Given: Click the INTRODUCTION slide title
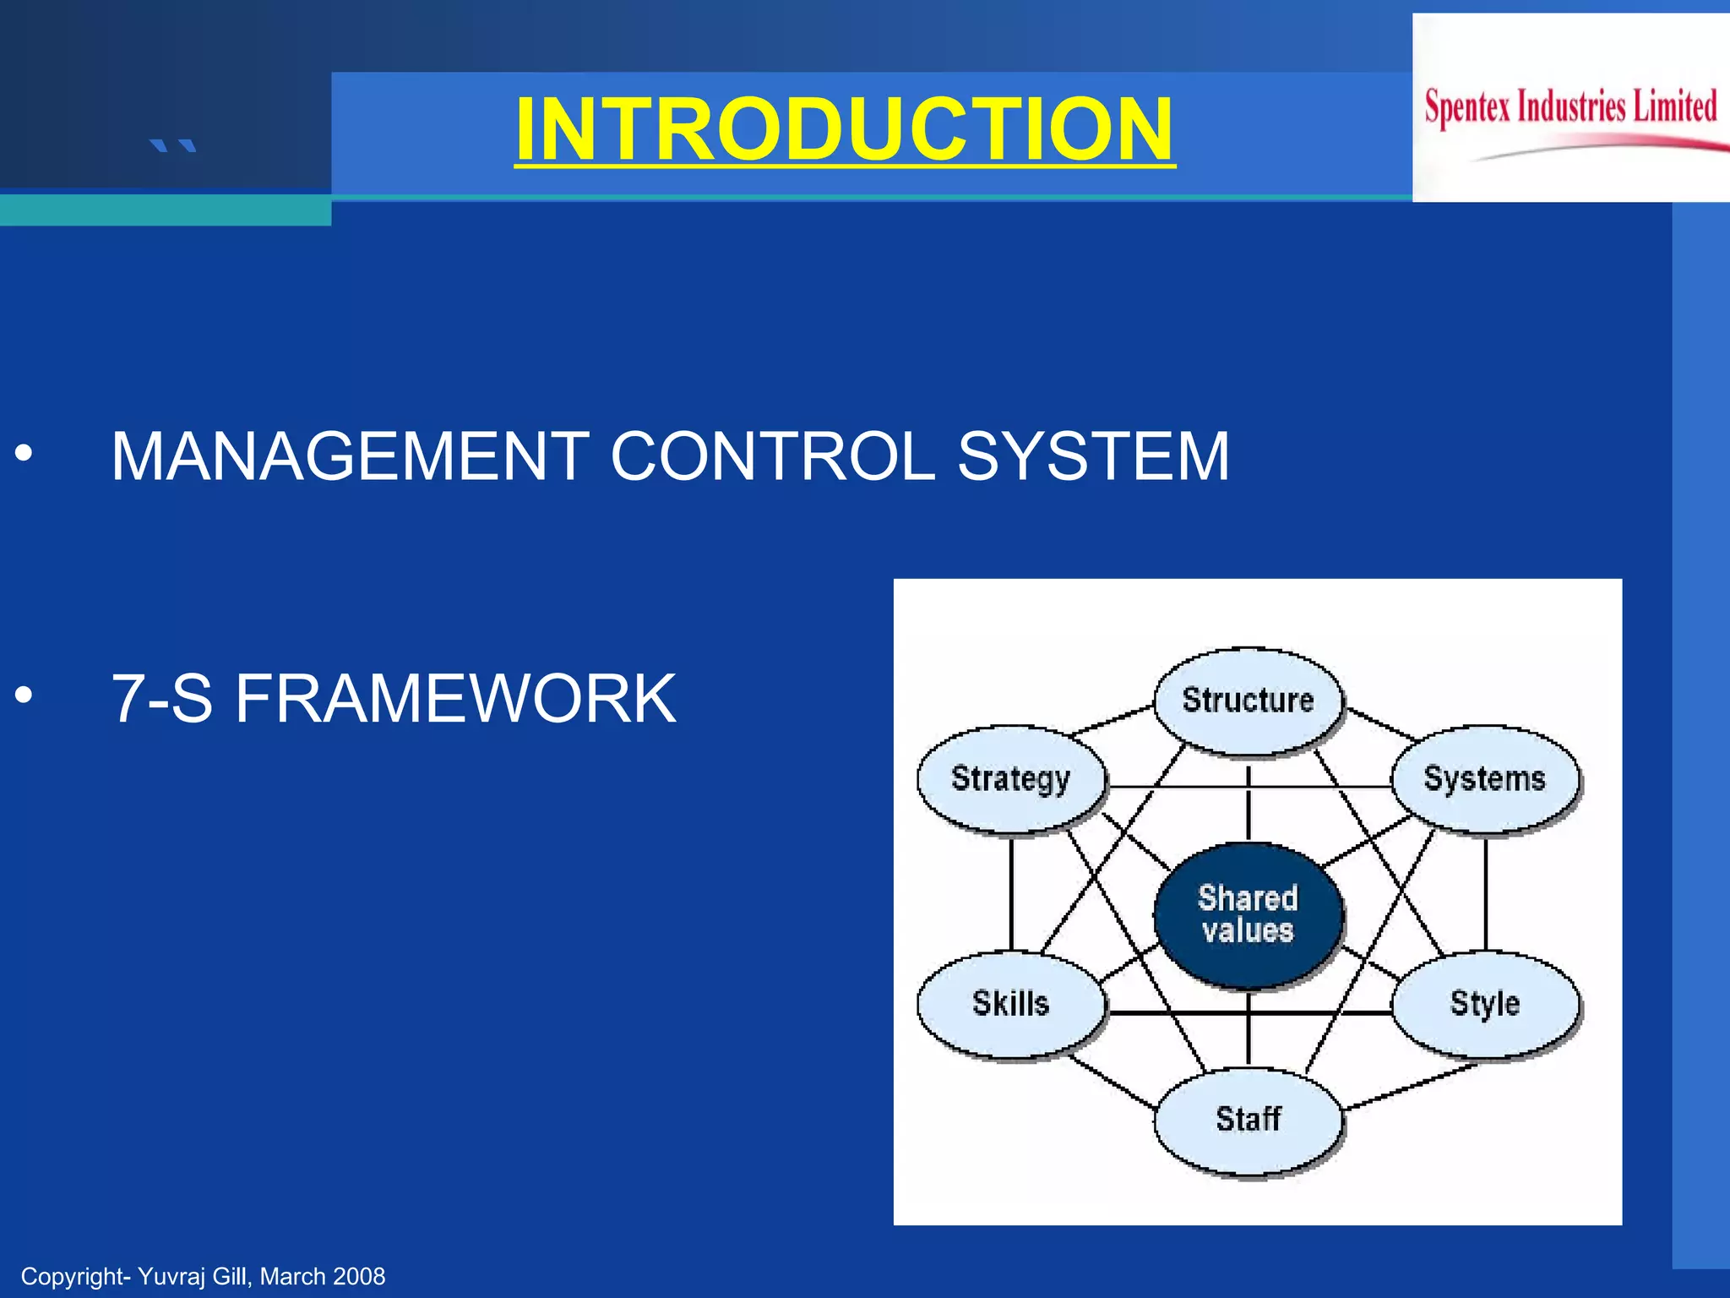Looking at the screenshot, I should (845, 128).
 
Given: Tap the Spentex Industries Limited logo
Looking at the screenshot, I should (1570, 108).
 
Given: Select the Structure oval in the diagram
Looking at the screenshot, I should (1248, 701).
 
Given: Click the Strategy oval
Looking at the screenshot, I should (1010, 778).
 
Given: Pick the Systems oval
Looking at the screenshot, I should (1484, 778).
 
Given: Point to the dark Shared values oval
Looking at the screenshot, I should (1248, 914).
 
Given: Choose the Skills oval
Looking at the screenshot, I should (1010, 1003).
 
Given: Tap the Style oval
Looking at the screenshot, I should (1484, 1003).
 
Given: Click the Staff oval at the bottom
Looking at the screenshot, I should (1248, 1119).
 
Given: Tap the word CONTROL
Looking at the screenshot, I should (772, 456).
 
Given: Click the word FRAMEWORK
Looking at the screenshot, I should (455, 699).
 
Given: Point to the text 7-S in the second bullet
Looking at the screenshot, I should (161, 699).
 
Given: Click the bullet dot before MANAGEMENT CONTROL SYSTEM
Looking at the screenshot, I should (24, 454).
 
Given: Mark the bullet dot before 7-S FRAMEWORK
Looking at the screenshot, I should (24, 695).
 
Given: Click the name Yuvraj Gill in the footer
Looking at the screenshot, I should (194, 1276).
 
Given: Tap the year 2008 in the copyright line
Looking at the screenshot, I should (359, 1276).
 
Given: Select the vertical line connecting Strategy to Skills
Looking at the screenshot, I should (1011, 894).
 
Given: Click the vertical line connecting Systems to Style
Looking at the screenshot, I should (1485, 894).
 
